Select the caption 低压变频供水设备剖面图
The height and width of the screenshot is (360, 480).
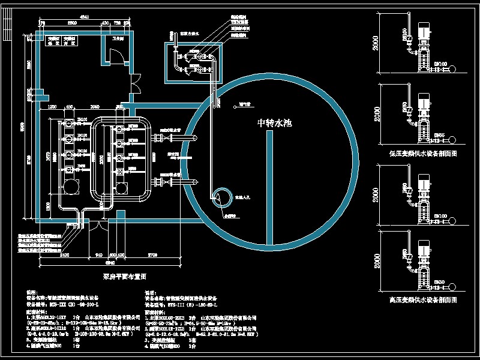tap(423, 154)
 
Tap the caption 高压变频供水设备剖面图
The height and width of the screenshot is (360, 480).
tap(424, 298)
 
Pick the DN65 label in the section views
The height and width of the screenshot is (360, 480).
tap(440, 135)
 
